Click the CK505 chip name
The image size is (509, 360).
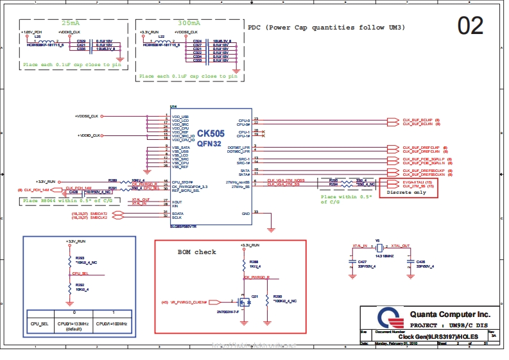(x=211, y=133)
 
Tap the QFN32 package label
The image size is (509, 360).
(x=210, y=144)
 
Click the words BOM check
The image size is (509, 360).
(x=196, y=252)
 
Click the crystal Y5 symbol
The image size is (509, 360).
(x=379, y=248)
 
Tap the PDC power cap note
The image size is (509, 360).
(x=326, y=28)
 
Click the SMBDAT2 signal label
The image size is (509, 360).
(x=98, y=213)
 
